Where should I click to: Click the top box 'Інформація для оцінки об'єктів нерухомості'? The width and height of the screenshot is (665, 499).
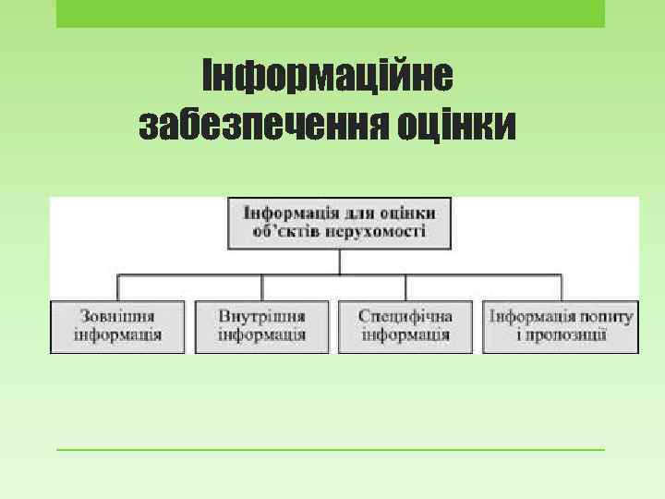click(339, 223)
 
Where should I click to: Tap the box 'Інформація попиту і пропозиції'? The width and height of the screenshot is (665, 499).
click(561, 325)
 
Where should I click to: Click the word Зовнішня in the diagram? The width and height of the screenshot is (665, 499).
click(117, 316)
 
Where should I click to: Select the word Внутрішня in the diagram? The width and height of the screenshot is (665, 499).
click(261, 316)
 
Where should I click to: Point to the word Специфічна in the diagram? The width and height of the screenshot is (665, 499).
click(405, 316)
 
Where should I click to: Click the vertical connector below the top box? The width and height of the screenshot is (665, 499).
click(339, 262)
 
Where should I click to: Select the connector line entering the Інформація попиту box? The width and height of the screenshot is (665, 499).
click(562, 286)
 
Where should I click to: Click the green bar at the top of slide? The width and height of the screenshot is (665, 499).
click(330, 13)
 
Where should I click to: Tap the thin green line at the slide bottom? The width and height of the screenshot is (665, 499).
click(330, 450)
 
